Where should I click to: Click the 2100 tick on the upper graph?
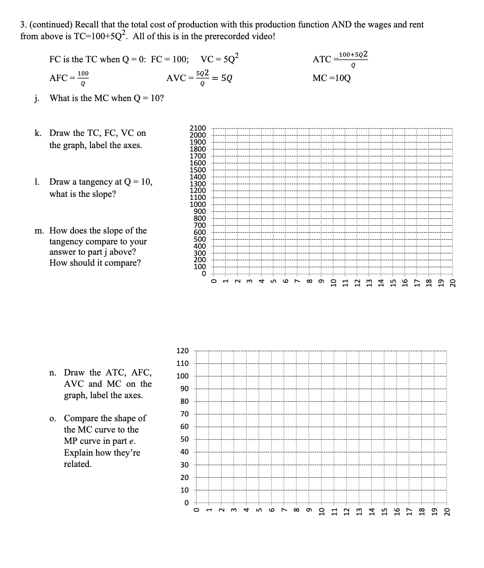198,128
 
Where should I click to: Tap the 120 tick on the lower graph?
182,351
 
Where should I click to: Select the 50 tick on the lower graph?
185,440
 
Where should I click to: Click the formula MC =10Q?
331,78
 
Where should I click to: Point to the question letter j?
36,98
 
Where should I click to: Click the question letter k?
38,133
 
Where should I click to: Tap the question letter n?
52,373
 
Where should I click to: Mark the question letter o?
52,419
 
